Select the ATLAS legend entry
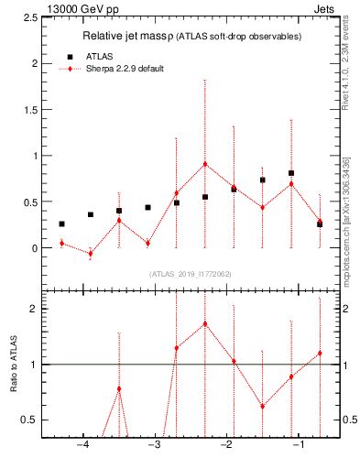tap(99, 57)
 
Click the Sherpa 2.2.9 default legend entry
tap(125, 70)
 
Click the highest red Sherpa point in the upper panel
tap(205, 164)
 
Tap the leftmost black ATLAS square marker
tap(61, 224)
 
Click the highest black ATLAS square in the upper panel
tap(291, 173)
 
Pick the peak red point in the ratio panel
tap(205, 323)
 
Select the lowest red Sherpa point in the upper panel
tap(90, 254)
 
